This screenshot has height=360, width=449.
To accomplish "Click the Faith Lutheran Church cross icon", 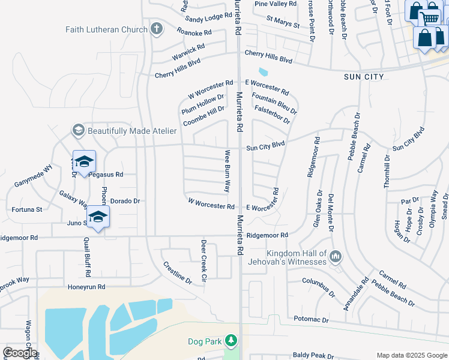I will (x=156, y=29).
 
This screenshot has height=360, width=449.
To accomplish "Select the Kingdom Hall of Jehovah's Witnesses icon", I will (x=336, y=257).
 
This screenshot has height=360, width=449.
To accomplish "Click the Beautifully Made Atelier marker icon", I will (x=78, y=130).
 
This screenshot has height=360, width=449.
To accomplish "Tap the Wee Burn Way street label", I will (x=228, y=171).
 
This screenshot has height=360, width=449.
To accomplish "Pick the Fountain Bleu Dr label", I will (x=274, y=103).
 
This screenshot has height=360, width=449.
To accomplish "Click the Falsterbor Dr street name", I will (x=272, y=115).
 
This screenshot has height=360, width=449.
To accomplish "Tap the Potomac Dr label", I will (x=312, y=320).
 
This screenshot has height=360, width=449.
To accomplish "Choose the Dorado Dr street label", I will (x=125, y=201).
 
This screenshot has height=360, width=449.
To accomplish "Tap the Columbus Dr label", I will (x=318, y=287).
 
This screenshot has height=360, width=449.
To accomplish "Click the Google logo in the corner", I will (x=19, y=353).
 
